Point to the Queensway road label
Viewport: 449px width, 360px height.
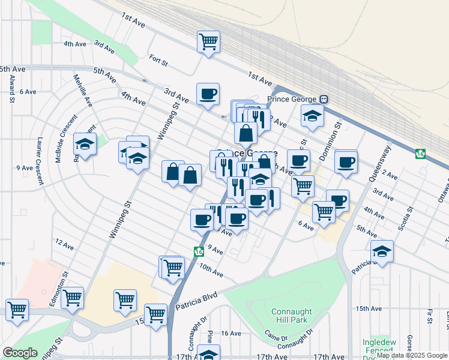tap(379, 163)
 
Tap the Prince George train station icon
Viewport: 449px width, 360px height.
tap(324, 99)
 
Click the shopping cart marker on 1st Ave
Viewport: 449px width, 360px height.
tap(208, 41)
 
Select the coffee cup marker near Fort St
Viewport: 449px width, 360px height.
tap(208, 94)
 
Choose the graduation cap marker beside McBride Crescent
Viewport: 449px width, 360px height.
tap(85, 144)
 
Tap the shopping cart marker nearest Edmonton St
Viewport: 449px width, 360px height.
tap(73, 297)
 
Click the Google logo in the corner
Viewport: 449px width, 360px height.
tap(20, 353)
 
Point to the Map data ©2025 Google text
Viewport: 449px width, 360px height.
tap(412, 356)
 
